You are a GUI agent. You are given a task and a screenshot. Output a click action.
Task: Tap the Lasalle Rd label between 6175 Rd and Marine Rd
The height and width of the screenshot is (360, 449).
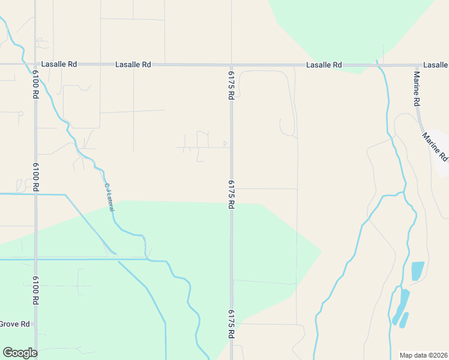[x=324, y=65]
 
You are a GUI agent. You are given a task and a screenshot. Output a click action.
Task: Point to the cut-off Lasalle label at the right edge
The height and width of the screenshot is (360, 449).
[x=435, y=64]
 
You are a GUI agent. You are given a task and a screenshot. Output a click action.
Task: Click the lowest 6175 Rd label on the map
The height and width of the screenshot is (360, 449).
[x=231, y=325]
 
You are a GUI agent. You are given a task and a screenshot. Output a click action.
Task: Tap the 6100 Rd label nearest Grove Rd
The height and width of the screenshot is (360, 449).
[x=36, y=290]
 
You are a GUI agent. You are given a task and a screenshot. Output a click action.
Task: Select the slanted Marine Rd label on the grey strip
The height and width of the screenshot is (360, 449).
[x=435, y=146]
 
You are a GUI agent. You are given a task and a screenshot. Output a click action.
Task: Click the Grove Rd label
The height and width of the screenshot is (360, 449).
[x=14, y=324]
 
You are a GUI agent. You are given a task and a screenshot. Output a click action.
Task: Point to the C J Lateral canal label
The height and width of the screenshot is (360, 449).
[x=109, y=197]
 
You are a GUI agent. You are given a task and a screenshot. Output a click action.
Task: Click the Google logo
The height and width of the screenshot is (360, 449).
[x=20, y=353]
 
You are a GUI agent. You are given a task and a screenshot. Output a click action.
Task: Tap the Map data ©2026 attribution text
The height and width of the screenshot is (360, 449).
[x=424, y=355]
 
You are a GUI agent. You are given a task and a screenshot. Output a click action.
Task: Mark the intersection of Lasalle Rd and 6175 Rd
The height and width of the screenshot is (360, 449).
[x=231, y=65]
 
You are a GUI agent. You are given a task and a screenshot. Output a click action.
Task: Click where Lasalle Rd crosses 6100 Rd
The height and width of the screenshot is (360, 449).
[x=36, y=64]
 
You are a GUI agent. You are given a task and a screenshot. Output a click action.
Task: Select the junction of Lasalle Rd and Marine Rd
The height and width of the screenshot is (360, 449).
[x=417, y=65]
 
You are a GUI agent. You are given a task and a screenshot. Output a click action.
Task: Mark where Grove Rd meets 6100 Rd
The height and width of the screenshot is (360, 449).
[x=36, y=325]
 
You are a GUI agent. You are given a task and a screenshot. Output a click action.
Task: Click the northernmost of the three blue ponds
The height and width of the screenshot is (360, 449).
[x=417, y=270]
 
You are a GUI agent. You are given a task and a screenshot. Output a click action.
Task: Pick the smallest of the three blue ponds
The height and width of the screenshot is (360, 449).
[x=404, y=320]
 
